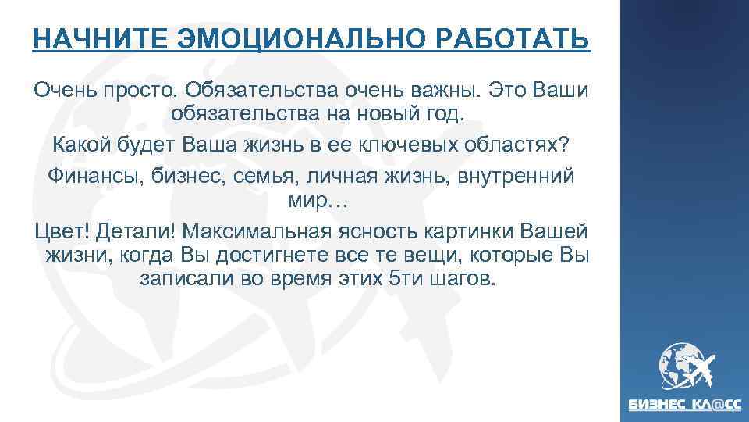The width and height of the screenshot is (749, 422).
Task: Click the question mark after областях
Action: pos(566,145)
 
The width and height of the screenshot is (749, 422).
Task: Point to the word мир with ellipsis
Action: pos(311,201)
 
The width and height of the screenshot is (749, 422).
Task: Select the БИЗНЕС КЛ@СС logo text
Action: pos(686,406)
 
